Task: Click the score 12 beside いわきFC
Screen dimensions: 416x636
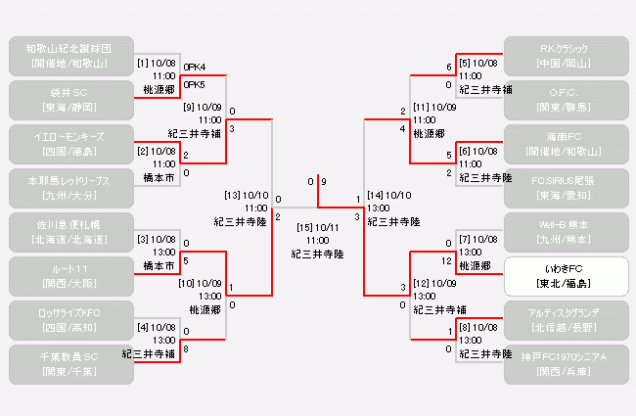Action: click(x=447, y=260)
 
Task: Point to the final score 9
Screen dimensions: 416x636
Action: click(x=324, y=182)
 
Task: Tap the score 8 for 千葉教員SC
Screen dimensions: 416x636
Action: click(x=186, y=347)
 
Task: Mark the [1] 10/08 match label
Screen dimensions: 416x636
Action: click(x=157, y=64)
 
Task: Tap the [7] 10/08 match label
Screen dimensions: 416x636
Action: click(x=478, y=239)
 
